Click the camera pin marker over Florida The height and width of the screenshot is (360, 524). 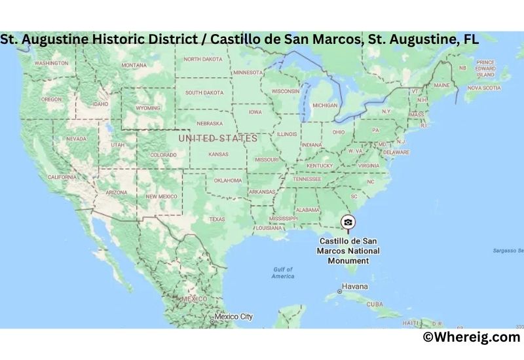(x=348, y=223)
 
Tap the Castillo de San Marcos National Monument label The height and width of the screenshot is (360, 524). (x=349, y=251)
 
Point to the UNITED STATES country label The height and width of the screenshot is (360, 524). (x=218, y=138)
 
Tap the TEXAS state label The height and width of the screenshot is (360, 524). (x=217, y=219)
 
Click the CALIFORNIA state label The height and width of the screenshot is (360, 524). (x=63, y=177)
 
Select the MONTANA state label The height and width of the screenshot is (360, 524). (x=134, y=65)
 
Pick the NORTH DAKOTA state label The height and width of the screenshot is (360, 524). (x=203, y=59)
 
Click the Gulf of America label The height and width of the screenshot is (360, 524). (x=283, y=273)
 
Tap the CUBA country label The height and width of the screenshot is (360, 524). (x=375, y=304)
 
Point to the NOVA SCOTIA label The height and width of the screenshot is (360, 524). (x=483, y=87)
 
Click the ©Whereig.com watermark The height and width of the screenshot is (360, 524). (x=471, y=337)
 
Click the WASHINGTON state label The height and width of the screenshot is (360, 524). (x=51, y=63)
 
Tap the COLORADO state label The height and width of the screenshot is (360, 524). (x=163, y=155)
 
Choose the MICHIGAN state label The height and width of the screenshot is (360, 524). (x=325, y=105)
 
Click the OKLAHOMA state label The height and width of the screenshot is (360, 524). (x=228, y=180)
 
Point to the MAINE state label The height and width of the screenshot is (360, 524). (x=442, y=85)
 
